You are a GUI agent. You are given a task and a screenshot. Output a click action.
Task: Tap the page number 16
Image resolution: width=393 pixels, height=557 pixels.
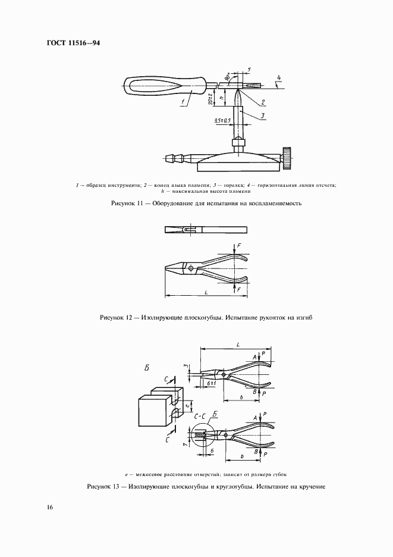(x=50, y=508)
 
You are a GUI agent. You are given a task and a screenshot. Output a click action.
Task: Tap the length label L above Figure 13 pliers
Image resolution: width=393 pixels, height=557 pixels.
(x=238, y=344)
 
